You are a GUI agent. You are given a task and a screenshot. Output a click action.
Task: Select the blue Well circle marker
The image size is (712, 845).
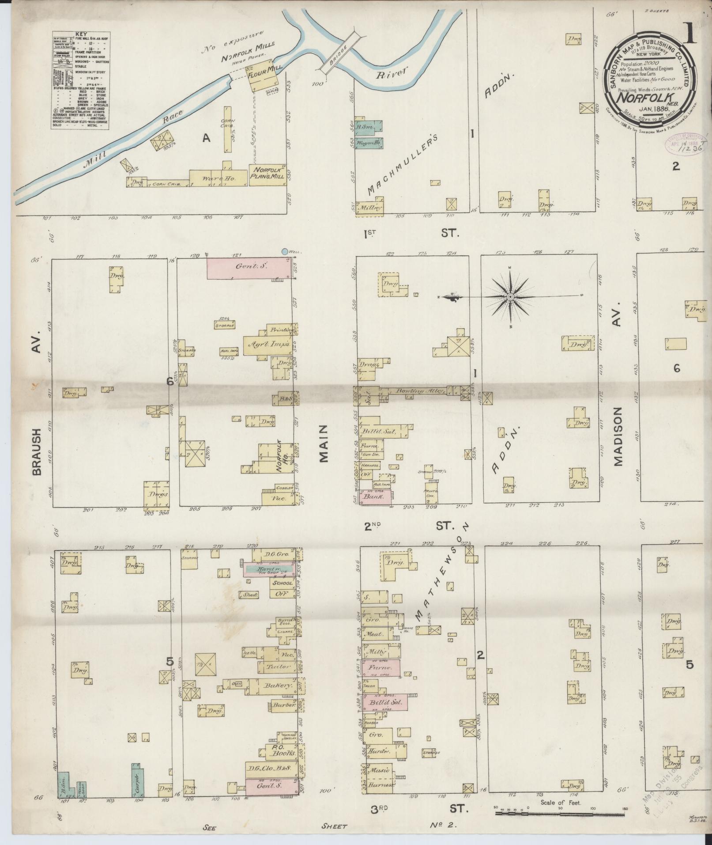(x=285, y=252)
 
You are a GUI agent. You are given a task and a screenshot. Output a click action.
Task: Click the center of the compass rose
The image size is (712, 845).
(x=510, y=297)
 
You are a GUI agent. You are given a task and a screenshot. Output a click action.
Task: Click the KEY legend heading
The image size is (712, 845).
(x=81, y=34)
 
